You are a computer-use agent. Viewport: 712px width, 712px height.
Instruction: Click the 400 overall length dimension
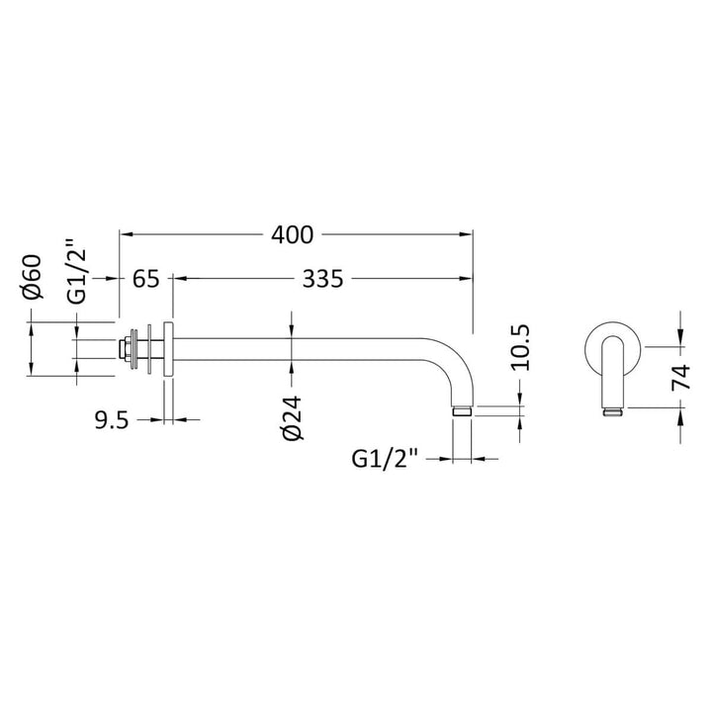tap(293, 234)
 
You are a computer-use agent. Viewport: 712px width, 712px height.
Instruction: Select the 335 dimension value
tap(322, 279)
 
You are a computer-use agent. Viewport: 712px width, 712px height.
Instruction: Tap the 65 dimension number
tap(146, 279)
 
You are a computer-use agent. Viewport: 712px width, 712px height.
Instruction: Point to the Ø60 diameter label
tap(33, 278)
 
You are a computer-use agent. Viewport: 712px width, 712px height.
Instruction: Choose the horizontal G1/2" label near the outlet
tap(385, 459)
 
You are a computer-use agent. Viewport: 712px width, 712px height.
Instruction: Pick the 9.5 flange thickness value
tap(112, 421)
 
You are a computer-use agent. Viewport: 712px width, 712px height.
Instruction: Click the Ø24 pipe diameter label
tap(292, 418)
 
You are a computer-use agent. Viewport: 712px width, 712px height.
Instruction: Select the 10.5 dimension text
tap(520, 348)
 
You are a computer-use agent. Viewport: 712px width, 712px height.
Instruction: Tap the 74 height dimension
tap(681, 378)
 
